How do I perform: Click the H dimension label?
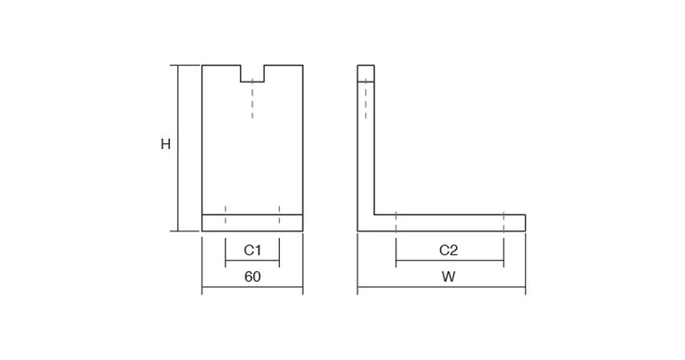click(165, 144)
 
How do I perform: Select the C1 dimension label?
click(253, 250)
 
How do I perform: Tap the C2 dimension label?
click(449, 250)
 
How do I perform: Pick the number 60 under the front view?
click(253, 277)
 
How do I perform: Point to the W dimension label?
click(449, 277)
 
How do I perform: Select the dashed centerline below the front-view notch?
click(252, 98)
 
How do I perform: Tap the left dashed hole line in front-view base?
click(226, 215)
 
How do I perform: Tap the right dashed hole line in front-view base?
click(279, 215)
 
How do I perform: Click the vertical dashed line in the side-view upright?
click(366, 98)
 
